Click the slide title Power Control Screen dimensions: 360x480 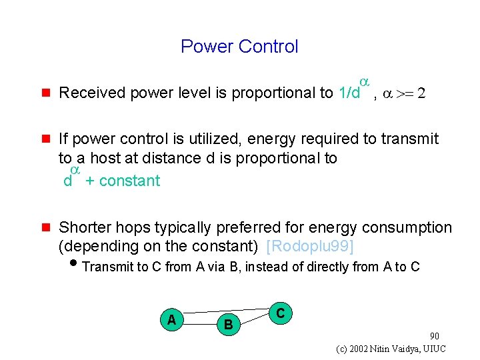pyautogui.click(x=239, y=47)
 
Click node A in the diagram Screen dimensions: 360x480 pyautogui.click(x=171, y=320)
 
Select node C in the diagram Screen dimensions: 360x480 pyautogui.click(x=281, y=313)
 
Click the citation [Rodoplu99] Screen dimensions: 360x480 pyautogui.click(x=310, y=246)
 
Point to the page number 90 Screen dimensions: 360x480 pyautogui.click(x=435, y=336)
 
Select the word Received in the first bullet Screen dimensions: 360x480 pyautogui.click(x=92, y=93)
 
